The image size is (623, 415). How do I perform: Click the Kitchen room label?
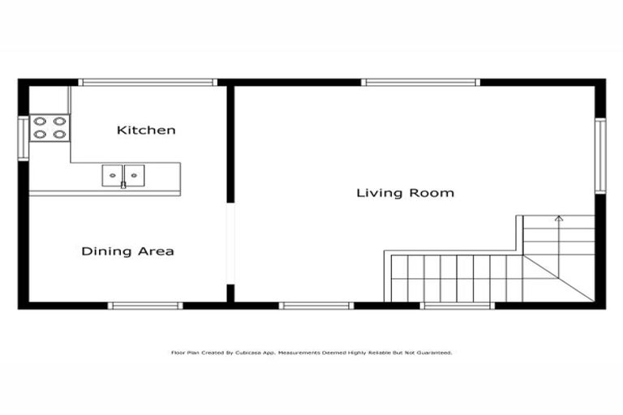(x=146, y=130)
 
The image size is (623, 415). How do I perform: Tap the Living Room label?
(x=405, y=193)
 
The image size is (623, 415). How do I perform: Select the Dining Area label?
(x=127, y=251)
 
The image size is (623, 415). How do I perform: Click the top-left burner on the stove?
(x=39, y=122)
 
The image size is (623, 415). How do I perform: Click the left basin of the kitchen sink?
(x=112, y=174)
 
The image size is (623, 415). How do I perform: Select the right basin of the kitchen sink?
(x=134, y=174)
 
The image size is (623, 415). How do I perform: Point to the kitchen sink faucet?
(x=123, y=185)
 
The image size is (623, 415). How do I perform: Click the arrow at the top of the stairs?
(x=558, y=218)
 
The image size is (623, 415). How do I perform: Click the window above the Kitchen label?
(x=147, y=82)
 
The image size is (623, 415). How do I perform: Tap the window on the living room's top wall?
(x=420, y=82)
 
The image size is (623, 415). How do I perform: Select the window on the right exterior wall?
(x=600, y=156)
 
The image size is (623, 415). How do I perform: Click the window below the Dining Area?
(x=144, y=306)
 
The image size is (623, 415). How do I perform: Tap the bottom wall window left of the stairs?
(x=316, y=306)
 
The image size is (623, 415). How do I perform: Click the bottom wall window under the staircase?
(x=458, y=306)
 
